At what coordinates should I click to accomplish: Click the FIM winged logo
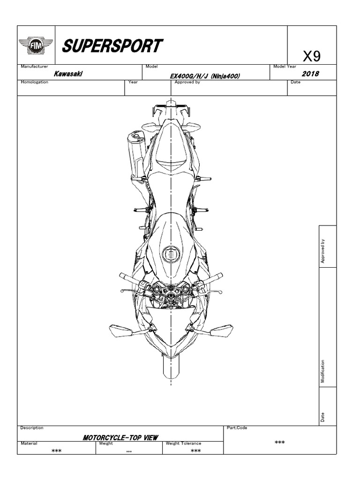36,46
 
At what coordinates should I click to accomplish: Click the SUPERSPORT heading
112,46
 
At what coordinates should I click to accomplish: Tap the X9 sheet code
311,57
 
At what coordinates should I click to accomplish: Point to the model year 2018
310,74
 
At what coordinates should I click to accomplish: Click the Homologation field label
35,82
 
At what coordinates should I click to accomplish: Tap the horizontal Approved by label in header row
187,82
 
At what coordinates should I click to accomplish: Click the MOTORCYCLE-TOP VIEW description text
120,437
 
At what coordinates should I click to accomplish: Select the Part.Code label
237,427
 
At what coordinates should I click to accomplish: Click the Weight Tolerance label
184,443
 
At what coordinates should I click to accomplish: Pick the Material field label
29,443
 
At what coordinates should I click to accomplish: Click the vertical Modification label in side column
322,371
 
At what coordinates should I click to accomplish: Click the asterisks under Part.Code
280,442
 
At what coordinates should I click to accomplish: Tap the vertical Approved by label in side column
322,252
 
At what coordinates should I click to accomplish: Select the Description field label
32,427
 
